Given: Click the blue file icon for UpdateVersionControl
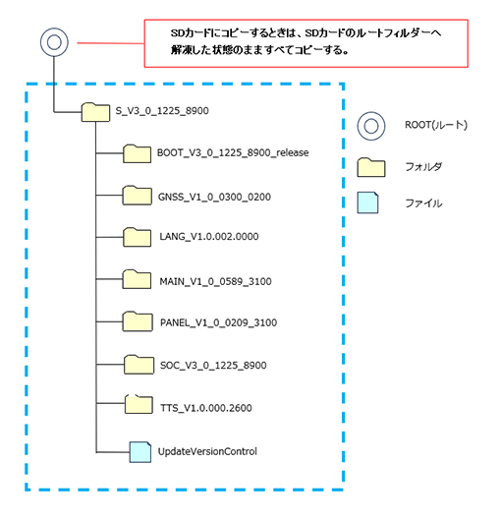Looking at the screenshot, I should [x=142, y=450].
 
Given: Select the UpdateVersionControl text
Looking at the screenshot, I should [x=207, y=451].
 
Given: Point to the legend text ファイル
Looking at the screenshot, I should [x=423, y=204].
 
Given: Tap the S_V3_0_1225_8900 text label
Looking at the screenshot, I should [x=162, y=112].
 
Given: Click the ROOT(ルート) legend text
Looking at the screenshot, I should [x=435, y=125].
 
